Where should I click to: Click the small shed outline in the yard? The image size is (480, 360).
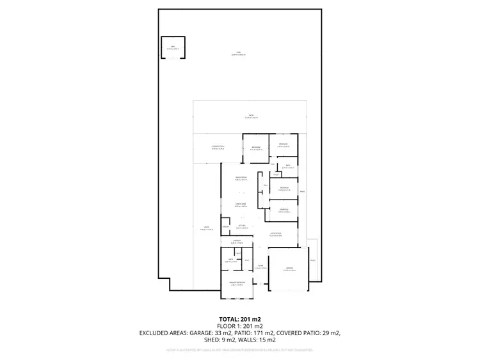(173, 48)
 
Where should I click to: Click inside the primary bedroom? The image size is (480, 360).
(237, 283)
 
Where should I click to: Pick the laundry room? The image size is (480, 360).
(236, 242)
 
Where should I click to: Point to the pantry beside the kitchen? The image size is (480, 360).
(226, 227)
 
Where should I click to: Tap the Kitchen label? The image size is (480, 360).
(243, 227)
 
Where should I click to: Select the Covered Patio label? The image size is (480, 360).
(218, 148)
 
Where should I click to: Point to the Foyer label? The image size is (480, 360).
(260, 267)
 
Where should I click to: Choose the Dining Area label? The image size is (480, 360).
(241, 205)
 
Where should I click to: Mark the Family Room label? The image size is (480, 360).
(241, 179)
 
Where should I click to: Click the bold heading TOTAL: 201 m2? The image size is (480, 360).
(240, 318)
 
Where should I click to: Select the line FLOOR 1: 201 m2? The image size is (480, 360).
(240, 326)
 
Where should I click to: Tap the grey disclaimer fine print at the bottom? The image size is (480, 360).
(240, 350)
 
